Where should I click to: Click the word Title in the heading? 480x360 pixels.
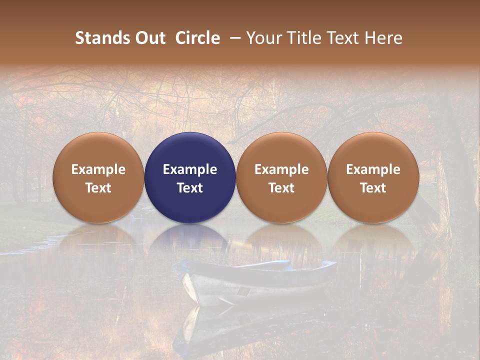coord(301,38)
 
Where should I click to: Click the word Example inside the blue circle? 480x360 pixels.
coord(190,169)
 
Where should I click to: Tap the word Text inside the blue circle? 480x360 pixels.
coord(190,188)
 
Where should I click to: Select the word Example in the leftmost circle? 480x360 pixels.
coord(98,169)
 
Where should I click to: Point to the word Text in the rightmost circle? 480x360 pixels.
coord(373,188)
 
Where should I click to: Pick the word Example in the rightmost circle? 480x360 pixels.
coord(373,169)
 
